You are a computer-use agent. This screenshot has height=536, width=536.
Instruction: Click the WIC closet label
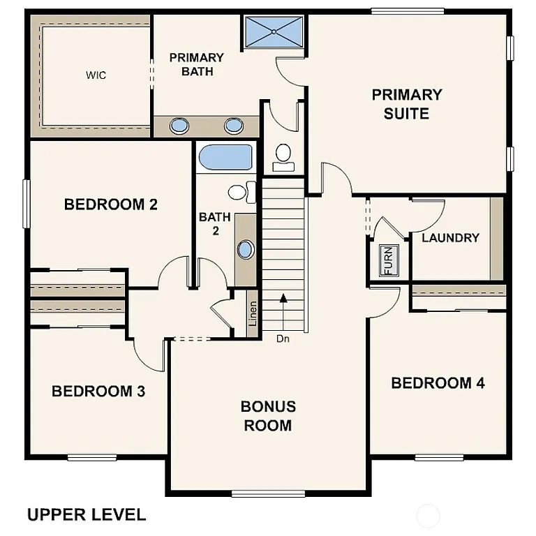pos(96,75)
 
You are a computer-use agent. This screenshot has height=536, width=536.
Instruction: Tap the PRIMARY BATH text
pos(196,64)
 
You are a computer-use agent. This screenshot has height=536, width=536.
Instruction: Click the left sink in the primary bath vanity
pos(179,126)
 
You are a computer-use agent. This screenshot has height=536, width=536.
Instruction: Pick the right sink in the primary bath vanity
pos(233,126)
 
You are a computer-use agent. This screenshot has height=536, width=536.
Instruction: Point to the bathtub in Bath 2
pos(225,157)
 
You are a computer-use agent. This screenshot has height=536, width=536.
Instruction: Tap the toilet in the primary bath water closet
pos(283,156)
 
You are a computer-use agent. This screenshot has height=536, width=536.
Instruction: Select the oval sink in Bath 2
pos(246,250)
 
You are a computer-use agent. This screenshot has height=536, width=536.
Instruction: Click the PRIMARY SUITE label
pos(406,103)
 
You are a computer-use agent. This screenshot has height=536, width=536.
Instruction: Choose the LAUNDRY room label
pos(450,238)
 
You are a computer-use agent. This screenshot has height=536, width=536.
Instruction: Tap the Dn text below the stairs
pos(282,339)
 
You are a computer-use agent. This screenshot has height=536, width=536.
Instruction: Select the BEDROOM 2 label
pos(110,204)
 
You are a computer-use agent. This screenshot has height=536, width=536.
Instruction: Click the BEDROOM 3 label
pos(98,391)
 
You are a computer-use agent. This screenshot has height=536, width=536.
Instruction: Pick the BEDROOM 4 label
pos(438,382)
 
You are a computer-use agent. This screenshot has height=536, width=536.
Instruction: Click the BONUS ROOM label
pos(268,415)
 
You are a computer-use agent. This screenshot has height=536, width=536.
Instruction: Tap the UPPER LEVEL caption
pos(87,515)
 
